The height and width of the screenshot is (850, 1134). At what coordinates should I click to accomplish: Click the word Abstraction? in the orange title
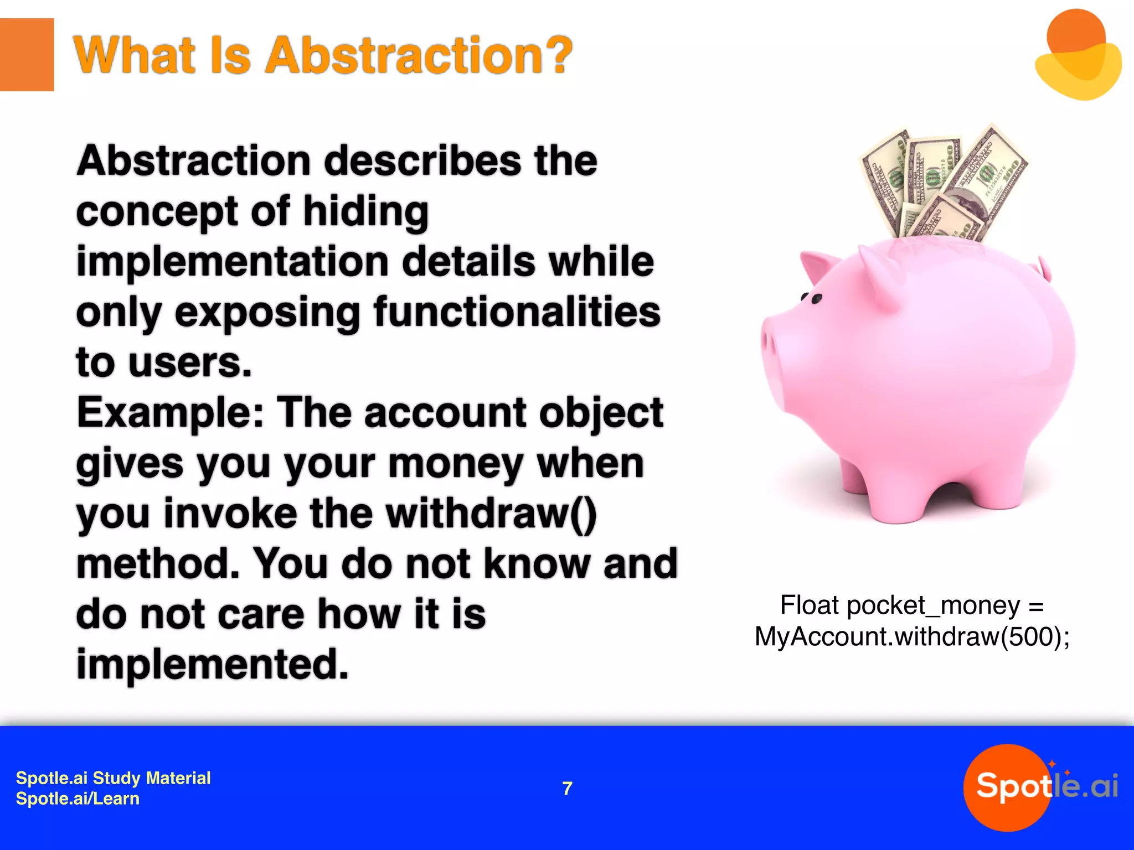pos(419,55)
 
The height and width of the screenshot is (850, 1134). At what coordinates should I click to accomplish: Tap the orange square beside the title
pos(27,54)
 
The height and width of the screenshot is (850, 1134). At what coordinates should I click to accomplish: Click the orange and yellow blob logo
pos(1078,55)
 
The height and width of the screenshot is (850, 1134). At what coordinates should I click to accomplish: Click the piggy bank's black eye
pos(816,299)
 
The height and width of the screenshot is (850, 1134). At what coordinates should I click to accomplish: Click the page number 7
pos(567,788)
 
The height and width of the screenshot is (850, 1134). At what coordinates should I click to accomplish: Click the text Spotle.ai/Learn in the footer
pos(78,799)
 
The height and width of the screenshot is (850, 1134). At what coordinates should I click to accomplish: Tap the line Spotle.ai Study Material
pos(113,778)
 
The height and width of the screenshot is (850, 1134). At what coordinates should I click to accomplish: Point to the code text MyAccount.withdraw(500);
pos(912,636)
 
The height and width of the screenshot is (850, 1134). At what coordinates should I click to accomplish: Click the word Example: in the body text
pos(170,413)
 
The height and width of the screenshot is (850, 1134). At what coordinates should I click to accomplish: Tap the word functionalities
pos(517,312)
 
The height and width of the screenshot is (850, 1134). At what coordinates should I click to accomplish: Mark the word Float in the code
pos(809,605)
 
